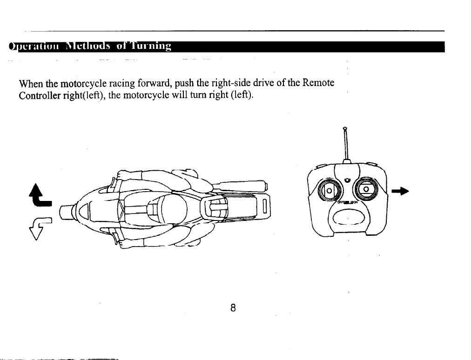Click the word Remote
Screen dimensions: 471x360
[318, 84]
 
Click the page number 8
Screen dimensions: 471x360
[233, 307]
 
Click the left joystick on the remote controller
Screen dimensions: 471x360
[327, 190]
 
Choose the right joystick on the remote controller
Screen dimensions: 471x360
[365, 189]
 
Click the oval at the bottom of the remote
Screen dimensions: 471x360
[347, 219]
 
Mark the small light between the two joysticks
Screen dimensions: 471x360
[346, 180]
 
